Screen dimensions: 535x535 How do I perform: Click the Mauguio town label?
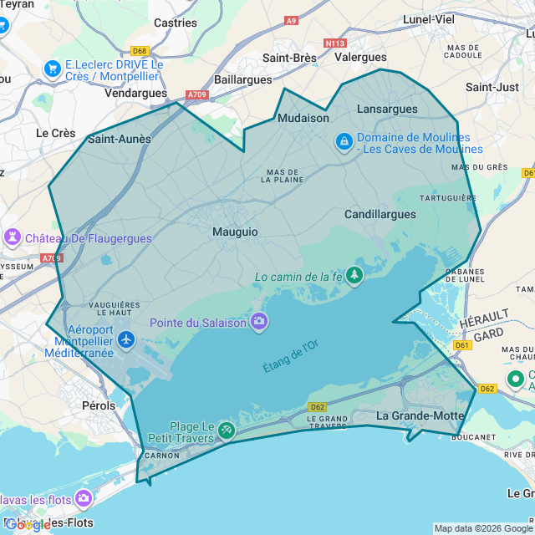point(235,232)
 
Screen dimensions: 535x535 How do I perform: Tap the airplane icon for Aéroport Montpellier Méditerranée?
point(126,339)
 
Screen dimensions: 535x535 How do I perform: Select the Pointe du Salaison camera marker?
point(259,321)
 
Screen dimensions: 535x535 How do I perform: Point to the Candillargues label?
point(380,214)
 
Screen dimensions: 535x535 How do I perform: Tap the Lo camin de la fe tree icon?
point(355,275)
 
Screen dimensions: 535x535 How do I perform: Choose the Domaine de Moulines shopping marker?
point(344,142)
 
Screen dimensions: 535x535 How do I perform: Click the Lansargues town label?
point(387,110)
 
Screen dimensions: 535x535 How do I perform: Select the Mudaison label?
point(303,118)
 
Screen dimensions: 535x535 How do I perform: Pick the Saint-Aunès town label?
point(120,140)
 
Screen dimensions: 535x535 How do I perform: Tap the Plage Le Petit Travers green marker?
point(226,430)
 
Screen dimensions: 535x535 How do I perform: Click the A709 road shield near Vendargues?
point(197,94)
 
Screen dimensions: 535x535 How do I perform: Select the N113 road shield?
point(336,43)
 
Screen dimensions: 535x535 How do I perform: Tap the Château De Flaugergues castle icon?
point(13,237)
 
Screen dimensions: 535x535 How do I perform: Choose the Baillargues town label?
point(243,79)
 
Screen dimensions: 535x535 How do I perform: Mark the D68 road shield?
point(139,51)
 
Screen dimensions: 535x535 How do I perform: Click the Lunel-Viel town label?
point(428,18)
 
